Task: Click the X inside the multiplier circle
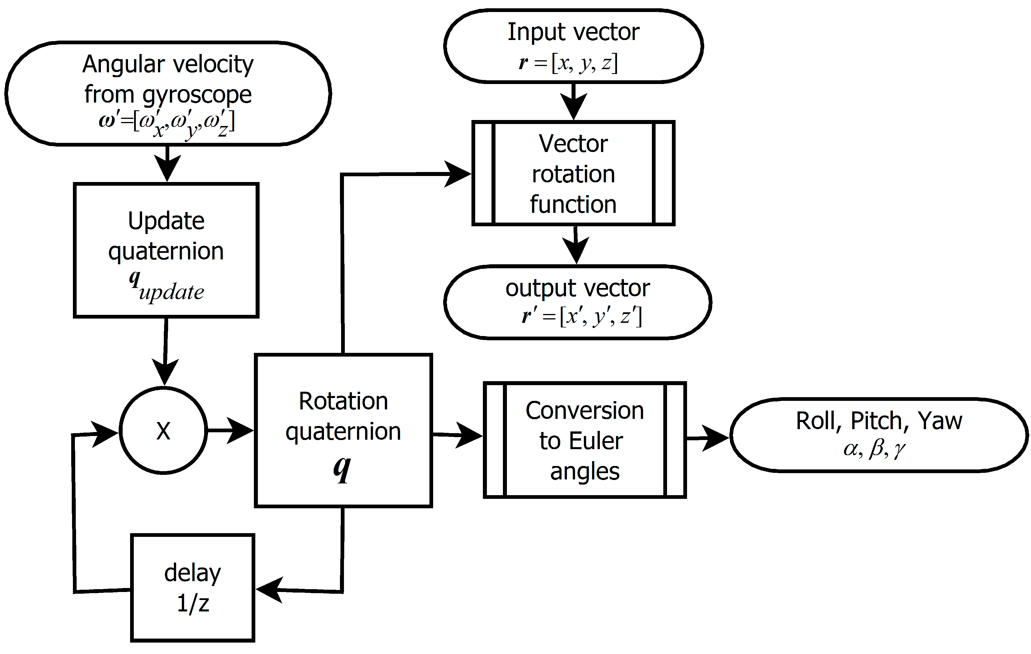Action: pos(163,431)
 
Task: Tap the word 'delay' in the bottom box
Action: pos(193,573)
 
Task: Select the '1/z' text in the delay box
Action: pos(193,603)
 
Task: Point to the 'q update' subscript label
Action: pos(167,287)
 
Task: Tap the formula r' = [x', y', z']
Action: pos(582,317)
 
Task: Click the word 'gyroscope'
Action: pos(197,95)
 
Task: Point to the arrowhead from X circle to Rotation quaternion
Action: pos(240,430)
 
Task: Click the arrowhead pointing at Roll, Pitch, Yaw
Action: pos(715,437)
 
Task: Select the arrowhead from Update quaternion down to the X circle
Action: pos(165,372)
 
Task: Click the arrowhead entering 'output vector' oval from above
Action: pos(576,251)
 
